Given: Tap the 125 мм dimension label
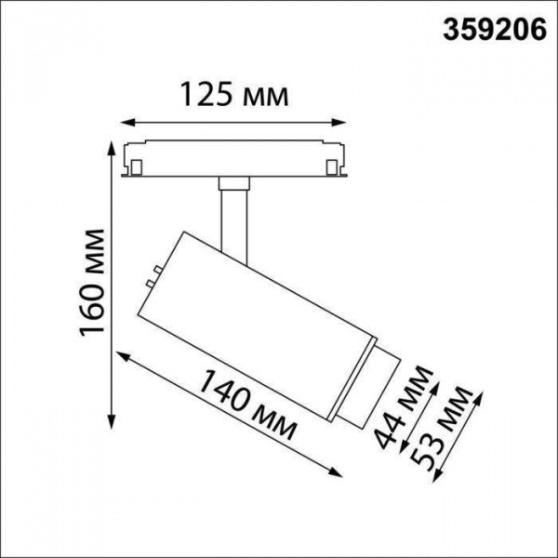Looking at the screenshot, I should tap(232, 94).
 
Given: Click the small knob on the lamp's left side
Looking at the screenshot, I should tap(149, 276).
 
